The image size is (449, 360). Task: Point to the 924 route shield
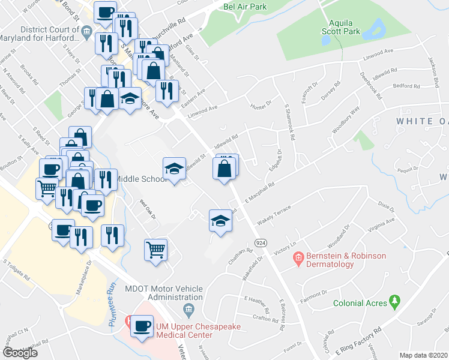pyautogui.click(x=260, y=242)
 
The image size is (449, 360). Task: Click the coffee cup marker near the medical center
pyautogui.click(x=142, y=327)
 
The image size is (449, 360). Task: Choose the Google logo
pyautogui.click(x=20, y=353)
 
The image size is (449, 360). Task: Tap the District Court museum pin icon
pyautogui.click(x=88, y=31)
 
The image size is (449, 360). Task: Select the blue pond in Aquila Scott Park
pyautogui.click(x=378, y=27)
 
